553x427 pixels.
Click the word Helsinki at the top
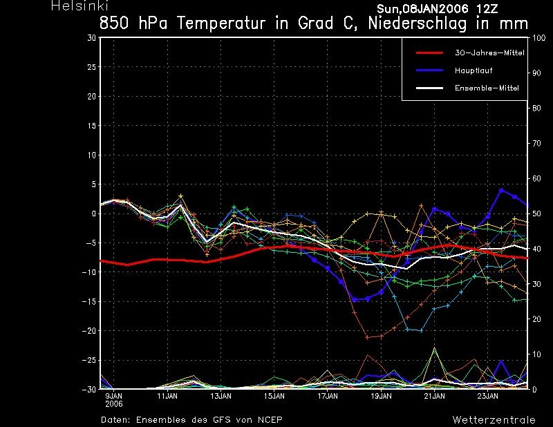click(x=79, y=6)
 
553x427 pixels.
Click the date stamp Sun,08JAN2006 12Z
click(x=438, y=9)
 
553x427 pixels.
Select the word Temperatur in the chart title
click(x=221, y=23)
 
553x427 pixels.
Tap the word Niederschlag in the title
click(x=418, y=23)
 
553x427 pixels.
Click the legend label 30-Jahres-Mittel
click(x=489, y=53)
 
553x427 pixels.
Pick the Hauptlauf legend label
click(x=474, y=70)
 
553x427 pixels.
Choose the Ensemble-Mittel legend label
click(x=487, y=88)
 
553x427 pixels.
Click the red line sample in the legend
click(x=429, y=53)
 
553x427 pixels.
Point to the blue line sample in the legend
click(x=429, y=70)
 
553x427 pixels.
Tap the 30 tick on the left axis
click(x=92, y=38)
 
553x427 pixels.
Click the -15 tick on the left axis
click(x=89, y=301)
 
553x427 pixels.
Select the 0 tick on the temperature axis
click(x=94, y=213)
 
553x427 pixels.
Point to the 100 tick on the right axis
click(x=539, y=38)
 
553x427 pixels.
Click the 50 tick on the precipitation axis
click(x=536, y=213)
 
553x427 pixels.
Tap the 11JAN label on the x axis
click(x=167, y=396)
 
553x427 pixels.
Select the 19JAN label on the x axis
click(x=381, y=396)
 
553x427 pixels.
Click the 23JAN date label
click(x=488, y=396)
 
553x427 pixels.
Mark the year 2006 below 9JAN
click(x=114, y=404)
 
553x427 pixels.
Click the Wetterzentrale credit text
click(x=494, y=420)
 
